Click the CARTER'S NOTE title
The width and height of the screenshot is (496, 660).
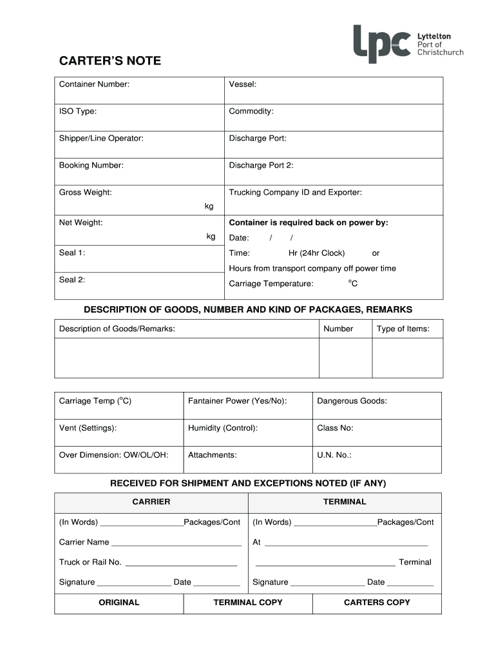click(110, 61)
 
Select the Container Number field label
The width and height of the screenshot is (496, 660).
click(94, 84)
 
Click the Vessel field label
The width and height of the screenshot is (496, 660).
click(243, 84)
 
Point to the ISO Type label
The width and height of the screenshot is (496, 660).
click(78, 112)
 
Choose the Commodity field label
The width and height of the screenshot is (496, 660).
click(251, 112)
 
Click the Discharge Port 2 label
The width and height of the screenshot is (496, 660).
click(261, 166)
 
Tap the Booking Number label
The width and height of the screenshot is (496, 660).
click(91, 166)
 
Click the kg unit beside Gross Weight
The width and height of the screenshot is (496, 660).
click(209, 206)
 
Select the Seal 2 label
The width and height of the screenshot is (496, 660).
click(72, 280)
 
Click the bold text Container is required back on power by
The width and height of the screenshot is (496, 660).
click(309, 223)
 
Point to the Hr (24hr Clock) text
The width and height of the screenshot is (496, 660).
click(316, 253)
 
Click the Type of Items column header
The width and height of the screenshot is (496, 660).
click(403, 329)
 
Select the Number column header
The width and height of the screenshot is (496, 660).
click(338, 329)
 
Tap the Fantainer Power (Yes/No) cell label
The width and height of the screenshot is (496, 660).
click(237, 401)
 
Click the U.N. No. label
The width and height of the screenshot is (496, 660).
click(334, 455)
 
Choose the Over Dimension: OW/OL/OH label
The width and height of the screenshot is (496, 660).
click(113, 455)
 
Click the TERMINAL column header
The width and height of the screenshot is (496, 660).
click(345, 501)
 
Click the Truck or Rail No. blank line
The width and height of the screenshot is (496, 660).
click(181, 563)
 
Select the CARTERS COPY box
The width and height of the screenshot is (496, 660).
click(377, 603)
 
